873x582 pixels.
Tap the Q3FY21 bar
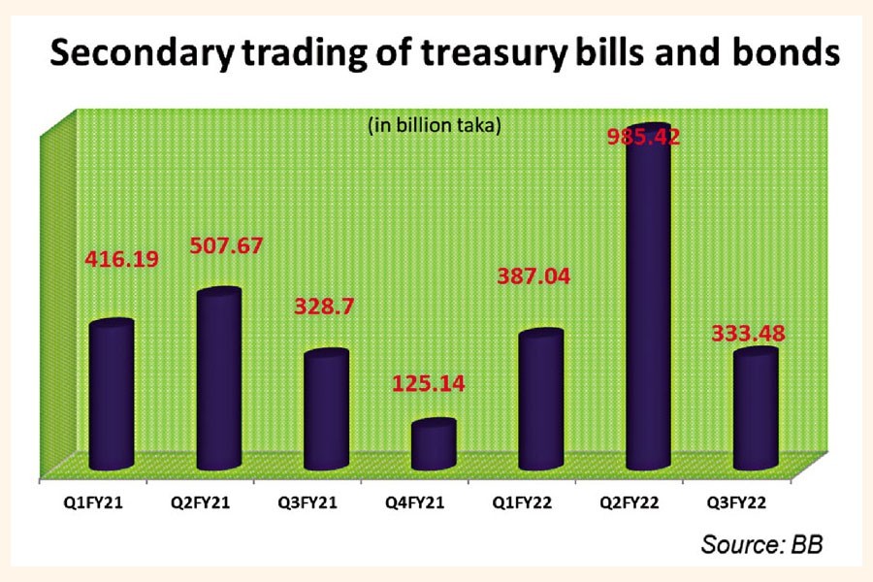click(x=326, y=411)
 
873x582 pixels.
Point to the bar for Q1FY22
click(x=541, y=401)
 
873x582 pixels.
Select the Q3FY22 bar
click(x=756, y=410)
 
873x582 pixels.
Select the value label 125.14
click(x=429, y=382)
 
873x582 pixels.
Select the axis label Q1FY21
click(x=93, y=504)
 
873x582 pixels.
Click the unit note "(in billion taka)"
click(x=433, y=125)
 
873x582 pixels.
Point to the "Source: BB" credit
click(x=761, y=544)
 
